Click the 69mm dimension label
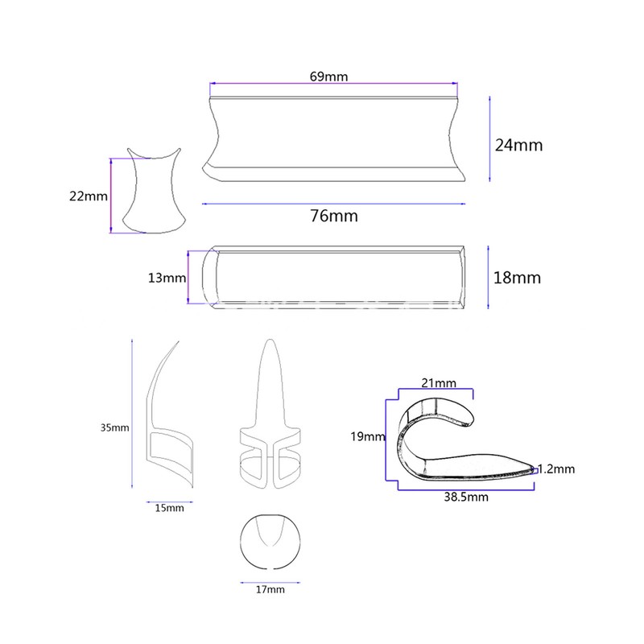click(x=328, y=76)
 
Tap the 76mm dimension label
click(x=334, y=216)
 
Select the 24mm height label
click(x=518, y=146)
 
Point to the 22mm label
click(x=89, y=196)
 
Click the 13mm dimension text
click(x=167, y=278)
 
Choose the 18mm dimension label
click(x=517, y=278)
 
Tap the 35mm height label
click(x=114, y=428)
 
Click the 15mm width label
click(x=169, y=508)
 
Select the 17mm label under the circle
click(x=270, y=590)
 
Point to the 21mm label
click(x=439, y=383)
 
